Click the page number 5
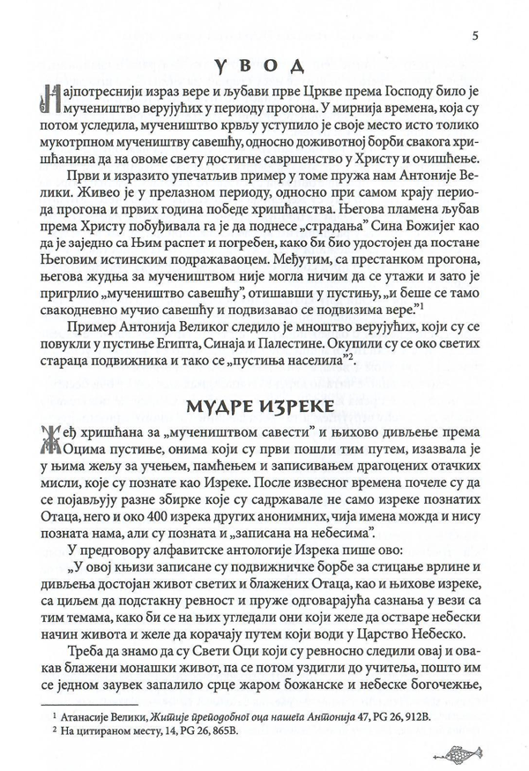click(476, 35)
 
